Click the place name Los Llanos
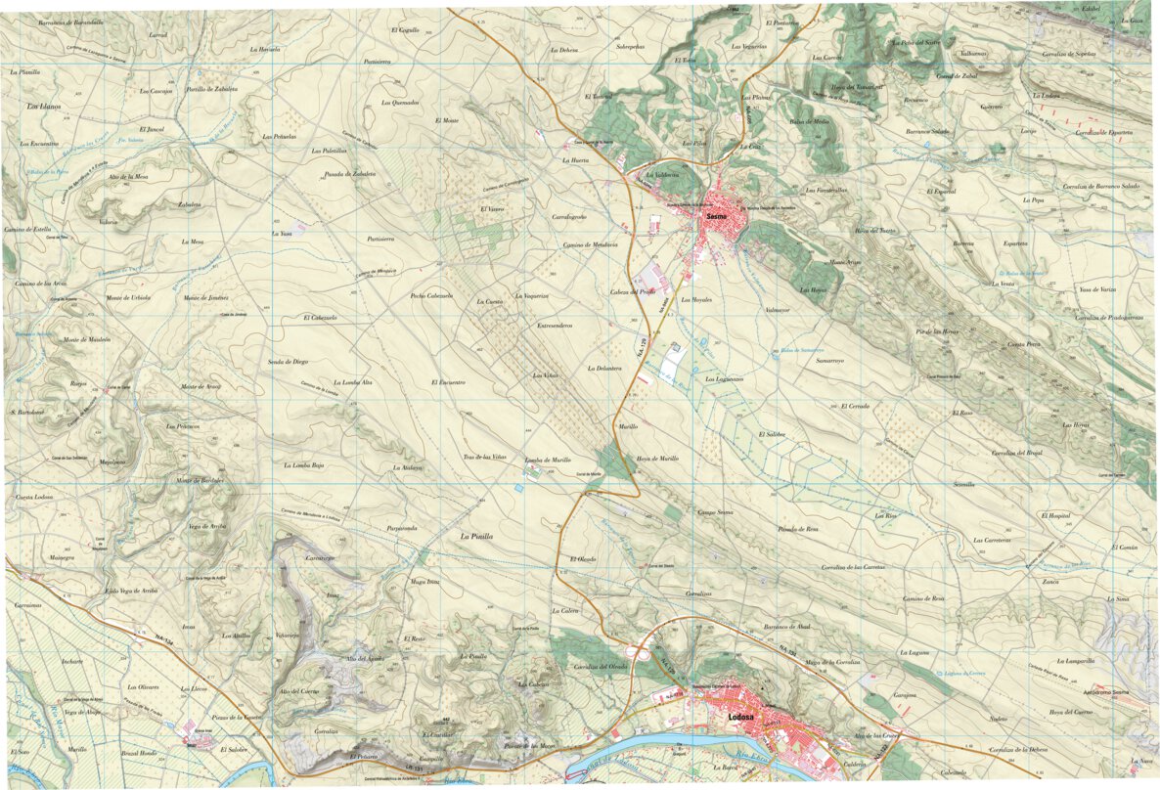[x=43, y=106]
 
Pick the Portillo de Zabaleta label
[x=212, y=89]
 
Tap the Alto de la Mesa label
[x=128, y=176]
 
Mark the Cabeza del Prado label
[x=633, y=291]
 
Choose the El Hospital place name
[x=1056, y=514]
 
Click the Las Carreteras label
[x=991, y=540]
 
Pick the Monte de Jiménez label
[x=205, y=296]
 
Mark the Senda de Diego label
[x=288, y=361]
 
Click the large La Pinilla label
[x=477, y=536]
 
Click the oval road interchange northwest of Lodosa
[x=641, y=649]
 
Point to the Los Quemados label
[x=400, y=102]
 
